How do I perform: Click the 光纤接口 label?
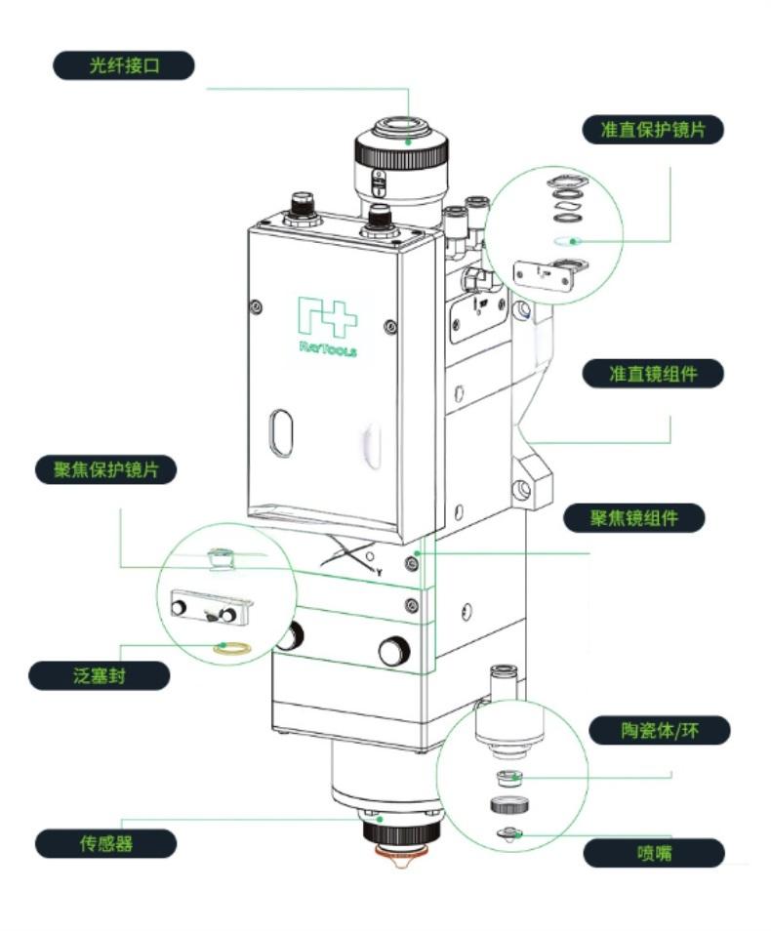pos(124,66)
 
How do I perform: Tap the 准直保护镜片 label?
pos(654,130)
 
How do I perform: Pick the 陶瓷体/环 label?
pos(660,730)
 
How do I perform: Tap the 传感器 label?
pos(105,843)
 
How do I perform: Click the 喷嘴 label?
pos(654,853)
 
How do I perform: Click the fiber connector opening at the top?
pos(401,126)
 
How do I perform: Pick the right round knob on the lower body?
pos(394,650)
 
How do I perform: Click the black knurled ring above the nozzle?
pos(401,834)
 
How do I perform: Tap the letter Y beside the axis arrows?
pos(378,570)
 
